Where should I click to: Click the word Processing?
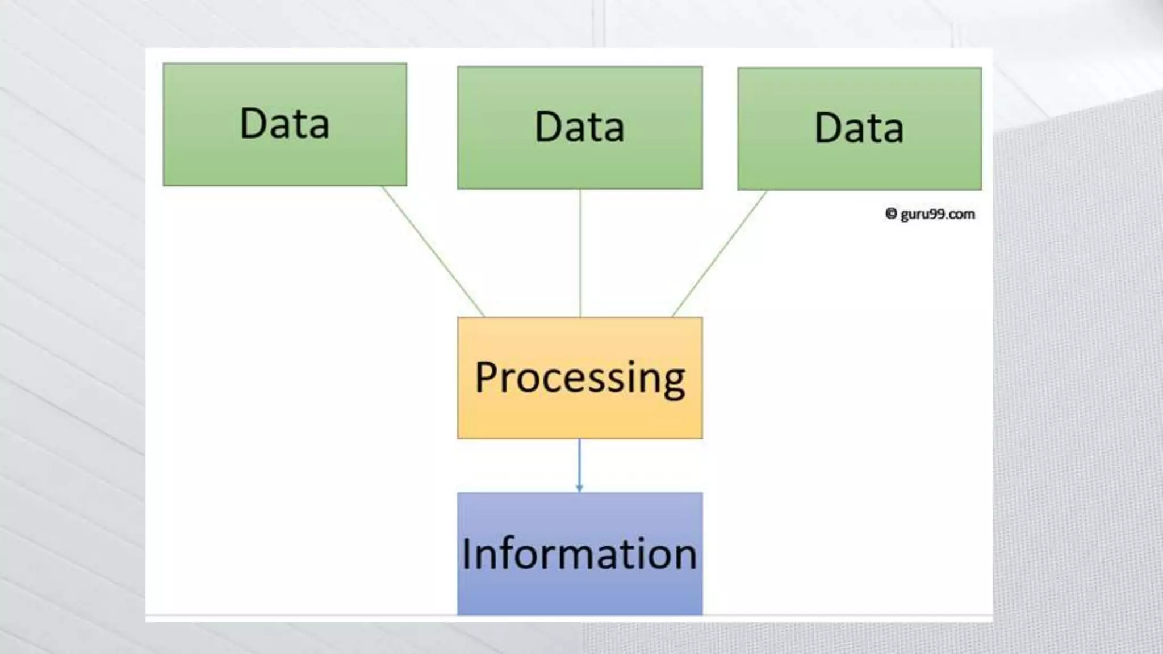click(580, 378)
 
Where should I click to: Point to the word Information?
click(580, 554)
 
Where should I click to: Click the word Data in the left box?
click(285, 123)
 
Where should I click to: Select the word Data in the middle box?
click(580, 127)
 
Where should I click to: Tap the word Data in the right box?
click(859, 128)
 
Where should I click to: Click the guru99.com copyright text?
click(937, 215)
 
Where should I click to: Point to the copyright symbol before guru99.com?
click(891, 213)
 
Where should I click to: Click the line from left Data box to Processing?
click(433, 251)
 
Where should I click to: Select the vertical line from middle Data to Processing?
click(580, 253)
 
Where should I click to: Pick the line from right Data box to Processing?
click(719, 253)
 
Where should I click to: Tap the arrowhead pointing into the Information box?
click(579, 488)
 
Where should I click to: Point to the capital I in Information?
click(466, 554)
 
